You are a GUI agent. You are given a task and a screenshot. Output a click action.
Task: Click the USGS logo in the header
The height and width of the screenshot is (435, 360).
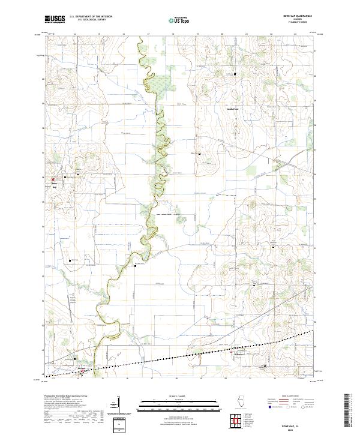pos(55,19)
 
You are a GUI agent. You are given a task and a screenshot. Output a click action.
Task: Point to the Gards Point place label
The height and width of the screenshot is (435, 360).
pos(232,109)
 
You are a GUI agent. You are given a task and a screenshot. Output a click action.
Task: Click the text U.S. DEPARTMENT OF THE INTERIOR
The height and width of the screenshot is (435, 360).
pos(91,16)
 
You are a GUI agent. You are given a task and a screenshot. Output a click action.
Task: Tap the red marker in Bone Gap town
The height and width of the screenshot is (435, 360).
pos(53,179)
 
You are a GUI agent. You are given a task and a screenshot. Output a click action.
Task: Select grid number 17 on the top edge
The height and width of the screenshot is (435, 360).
pos(148,35)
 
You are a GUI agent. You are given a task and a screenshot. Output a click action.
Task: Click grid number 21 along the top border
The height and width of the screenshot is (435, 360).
pos(247,35)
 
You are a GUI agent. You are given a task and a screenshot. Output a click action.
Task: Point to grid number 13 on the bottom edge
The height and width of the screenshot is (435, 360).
pos(54,379)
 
